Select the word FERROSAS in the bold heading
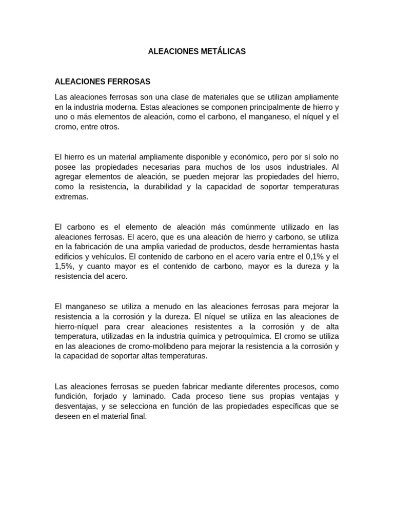coord(128,82)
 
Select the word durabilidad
coord(158,187)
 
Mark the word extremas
coord(71,197)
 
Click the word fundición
coord(71,396)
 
